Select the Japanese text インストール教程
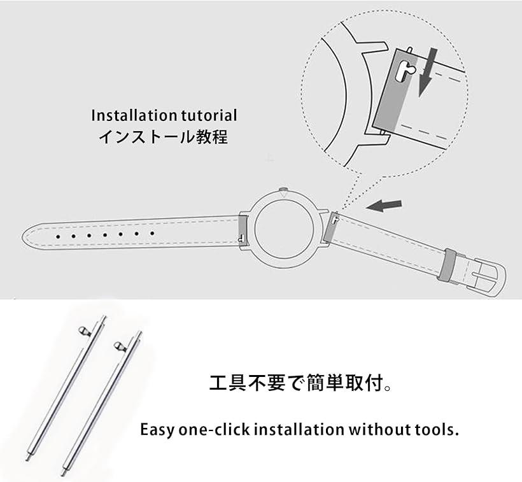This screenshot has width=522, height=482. tap(163, 136)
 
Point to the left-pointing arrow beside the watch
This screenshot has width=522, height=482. tap(386, 206)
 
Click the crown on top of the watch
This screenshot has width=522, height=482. tap(283, 189)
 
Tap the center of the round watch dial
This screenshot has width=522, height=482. tap(283, 228)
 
